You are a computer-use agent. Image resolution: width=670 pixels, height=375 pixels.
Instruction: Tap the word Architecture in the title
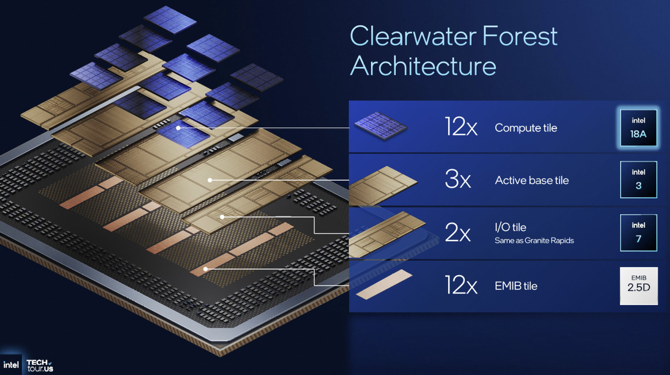click(423, 65)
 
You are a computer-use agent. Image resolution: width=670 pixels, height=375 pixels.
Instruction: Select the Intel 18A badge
click(638, 127)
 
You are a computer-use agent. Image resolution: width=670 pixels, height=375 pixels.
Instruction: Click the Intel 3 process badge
click(638, 179)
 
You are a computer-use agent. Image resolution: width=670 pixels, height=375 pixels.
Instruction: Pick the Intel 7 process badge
click(638, 233)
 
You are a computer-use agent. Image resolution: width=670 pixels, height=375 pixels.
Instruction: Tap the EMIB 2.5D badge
click(638, 285)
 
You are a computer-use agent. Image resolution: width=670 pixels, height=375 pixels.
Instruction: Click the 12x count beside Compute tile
click(461, 127)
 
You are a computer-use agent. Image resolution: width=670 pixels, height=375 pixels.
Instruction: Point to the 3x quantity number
click(457, 180)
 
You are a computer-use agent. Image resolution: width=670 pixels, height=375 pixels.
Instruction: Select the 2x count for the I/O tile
click(457, 233)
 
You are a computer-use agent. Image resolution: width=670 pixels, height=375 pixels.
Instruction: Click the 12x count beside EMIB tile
click(461, 285)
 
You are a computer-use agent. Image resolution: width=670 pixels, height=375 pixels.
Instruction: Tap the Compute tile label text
click(526, 128)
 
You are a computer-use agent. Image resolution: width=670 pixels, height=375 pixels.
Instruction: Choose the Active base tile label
click(531, 180)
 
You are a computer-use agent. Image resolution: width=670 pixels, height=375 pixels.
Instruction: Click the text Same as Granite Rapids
click(534, 241)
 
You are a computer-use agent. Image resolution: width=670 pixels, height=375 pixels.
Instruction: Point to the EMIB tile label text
click(516, 286)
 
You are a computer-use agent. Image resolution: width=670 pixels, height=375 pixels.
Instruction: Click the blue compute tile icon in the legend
click(380, 126)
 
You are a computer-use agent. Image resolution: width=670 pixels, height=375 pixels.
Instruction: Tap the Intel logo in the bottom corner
click(10, 365)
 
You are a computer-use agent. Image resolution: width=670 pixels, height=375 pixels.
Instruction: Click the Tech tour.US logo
click(40, 365)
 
